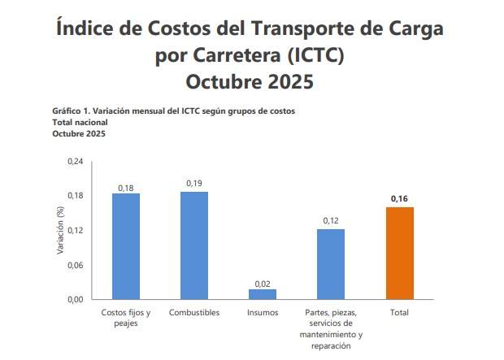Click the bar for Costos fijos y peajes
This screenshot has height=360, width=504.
(x=126, y=246)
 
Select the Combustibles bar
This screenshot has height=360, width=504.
(x=194, y=245)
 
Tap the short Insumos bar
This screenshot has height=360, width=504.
(x=263, y=294)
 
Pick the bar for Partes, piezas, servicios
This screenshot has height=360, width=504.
(x=331, y=264)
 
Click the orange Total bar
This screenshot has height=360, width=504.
(x=399, y=253)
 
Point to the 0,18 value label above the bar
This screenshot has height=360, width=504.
(x=126, y=188)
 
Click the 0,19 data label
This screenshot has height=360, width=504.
(x=194, y=184)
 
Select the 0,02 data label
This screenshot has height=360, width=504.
(x=263, y=283)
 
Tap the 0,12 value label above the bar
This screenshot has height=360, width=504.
(x=331, y=221)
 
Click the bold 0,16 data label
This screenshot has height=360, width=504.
(x=399, y=199)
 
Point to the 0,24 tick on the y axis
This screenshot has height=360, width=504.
(x=75, y=162)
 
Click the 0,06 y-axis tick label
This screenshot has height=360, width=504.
(x=75, y=265)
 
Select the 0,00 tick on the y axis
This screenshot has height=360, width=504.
(x=75, y=300)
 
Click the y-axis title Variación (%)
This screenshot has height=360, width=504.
(x=59, y=231)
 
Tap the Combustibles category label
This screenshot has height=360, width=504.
(x=194, y=313)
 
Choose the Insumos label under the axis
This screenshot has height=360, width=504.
(x=263, y=313)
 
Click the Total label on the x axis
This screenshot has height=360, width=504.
(x=399, y=313)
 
